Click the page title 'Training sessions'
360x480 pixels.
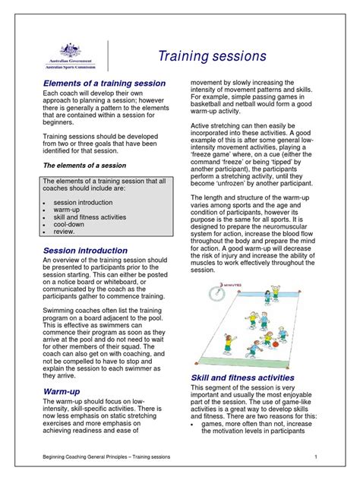click(212, 56)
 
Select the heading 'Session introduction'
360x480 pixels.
click(85, 250)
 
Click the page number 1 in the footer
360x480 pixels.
click(314, 456)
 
